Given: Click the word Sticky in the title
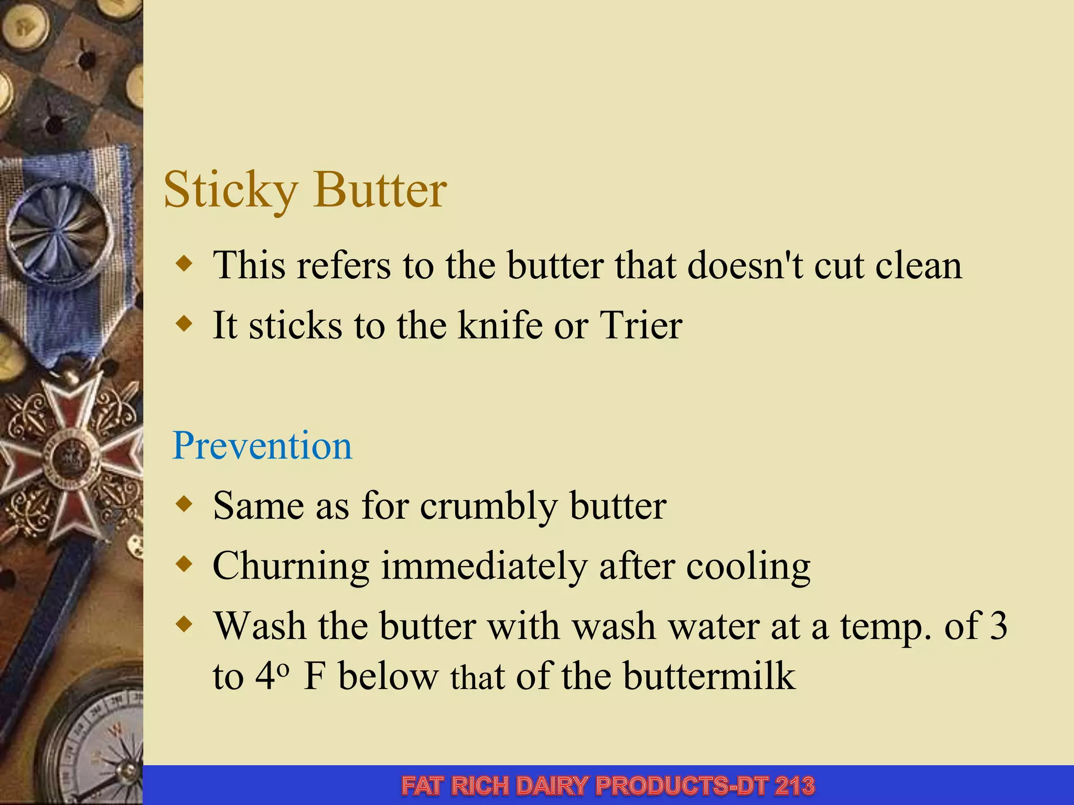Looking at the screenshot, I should pos(231,190).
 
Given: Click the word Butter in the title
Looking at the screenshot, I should pos(380,190).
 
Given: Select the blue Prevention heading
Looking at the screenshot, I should pos(262,445).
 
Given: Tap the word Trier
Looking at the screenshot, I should pos(640,325).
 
